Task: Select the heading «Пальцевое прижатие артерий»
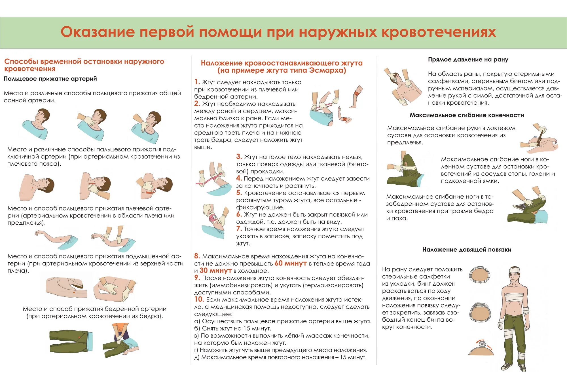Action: pyautogui.click(x=50, y=79)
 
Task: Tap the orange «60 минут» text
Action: pyautogui.click(x=291, y=263)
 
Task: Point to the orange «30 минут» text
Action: pyautogui.click(x=215, y=271)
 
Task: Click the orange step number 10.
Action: pyautogui.click(x=199, y=300)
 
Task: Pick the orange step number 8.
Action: pyautogui.click(x=197, y=256)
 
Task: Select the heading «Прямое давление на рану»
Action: pyautogui.click(x=468, y=60)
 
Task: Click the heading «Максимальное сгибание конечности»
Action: pyautogui.click(x=467, y=115)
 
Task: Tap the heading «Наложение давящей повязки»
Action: pyautogui.click(x=467, y=250)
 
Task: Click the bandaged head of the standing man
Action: pyautogui.click(x=514, y=273)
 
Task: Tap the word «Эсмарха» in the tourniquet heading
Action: pyautogui.click(x=327, y=70)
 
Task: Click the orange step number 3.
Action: pyautogui.click(x=239, y=157)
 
